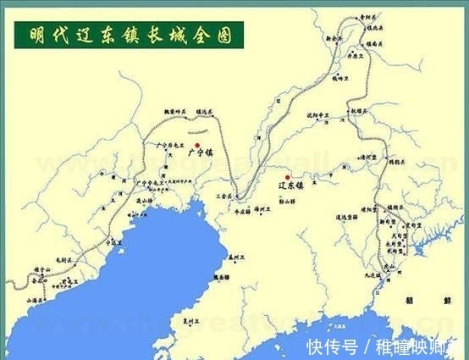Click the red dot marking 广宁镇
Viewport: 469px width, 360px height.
[196, 146]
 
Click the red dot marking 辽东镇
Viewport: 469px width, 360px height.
[288, 177]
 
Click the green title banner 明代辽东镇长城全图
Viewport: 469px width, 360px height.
[126, 35]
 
